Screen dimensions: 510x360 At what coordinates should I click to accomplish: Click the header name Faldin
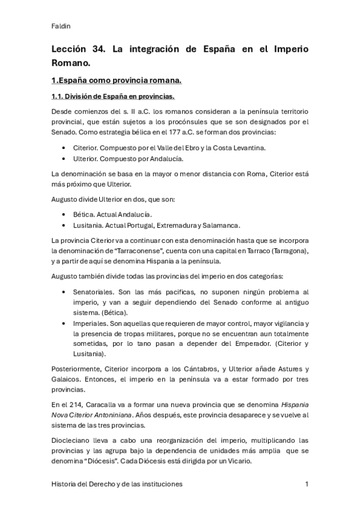(x=61, y=26)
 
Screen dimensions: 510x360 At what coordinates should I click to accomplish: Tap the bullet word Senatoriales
(x=94, y=291)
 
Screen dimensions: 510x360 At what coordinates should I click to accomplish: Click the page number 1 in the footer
(x=307, y=484)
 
